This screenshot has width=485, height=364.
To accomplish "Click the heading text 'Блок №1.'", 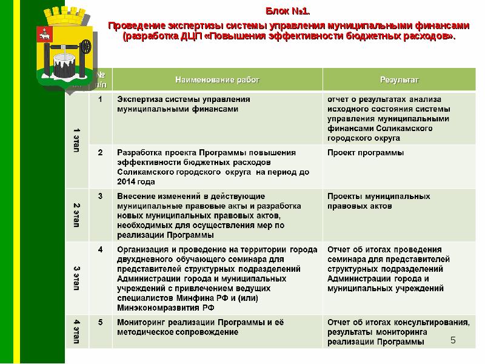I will click(288, 12).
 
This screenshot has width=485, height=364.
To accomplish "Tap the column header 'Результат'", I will click(399, 79).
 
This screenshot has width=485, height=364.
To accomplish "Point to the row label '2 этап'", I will click(77, 215).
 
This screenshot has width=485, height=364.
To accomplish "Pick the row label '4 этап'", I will click(77, 331).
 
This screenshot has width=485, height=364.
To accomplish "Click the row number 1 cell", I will click(101, 99).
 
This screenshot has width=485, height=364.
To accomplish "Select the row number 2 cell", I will click(101, 153).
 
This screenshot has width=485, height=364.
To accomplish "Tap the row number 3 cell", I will click(101, 197).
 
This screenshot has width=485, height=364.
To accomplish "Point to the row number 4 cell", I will click(101, 249).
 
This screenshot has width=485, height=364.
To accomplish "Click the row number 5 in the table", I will click(101, 322).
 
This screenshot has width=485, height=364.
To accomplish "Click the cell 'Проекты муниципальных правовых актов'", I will click(379, 201).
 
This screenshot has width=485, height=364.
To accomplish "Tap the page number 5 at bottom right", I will click(453, 342).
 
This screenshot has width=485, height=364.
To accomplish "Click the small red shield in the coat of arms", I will click(44, 34).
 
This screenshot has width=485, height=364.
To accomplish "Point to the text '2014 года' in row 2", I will click(136, 182).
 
